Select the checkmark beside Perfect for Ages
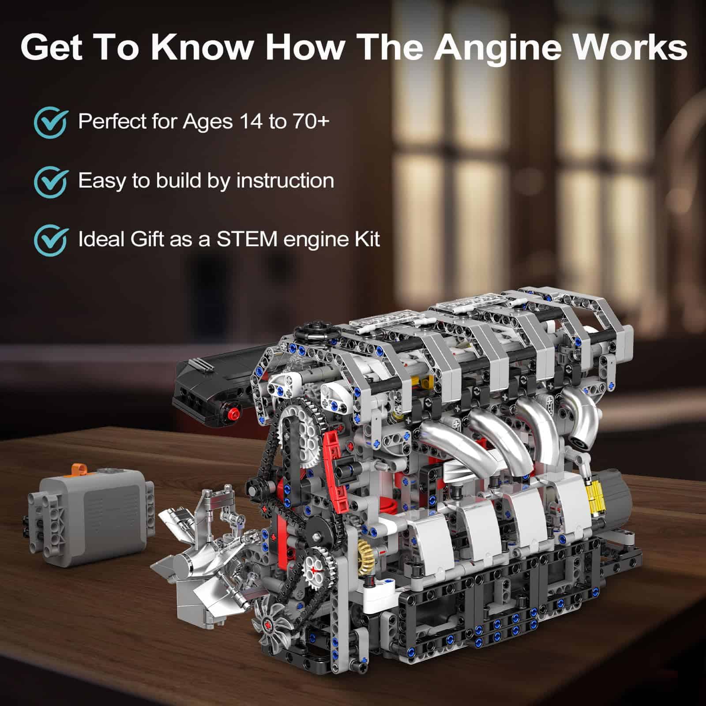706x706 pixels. [x=51, y=123]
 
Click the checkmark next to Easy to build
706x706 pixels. [x=51, y=182]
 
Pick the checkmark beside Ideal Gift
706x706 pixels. [x=51, y=241]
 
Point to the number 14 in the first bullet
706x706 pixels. [x=248, y=120]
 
